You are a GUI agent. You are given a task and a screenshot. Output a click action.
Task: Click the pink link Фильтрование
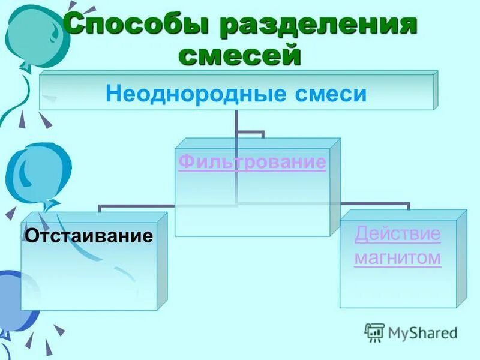pos(252,163)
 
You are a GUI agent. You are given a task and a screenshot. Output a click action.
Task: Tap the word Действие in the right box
pos(397,234)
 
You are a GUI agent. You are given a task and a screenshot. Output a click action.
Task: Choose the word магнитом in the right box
pos(397,259)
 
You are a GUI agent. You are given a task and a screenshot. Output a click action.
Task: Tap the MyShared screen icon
pos(374,332)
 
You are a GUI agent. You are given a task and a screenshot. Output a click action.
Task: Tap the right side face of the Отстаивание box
pos(162,261)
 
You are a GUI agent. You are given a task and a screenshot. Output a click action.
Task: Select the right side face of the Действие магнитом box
pos(461,258)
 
